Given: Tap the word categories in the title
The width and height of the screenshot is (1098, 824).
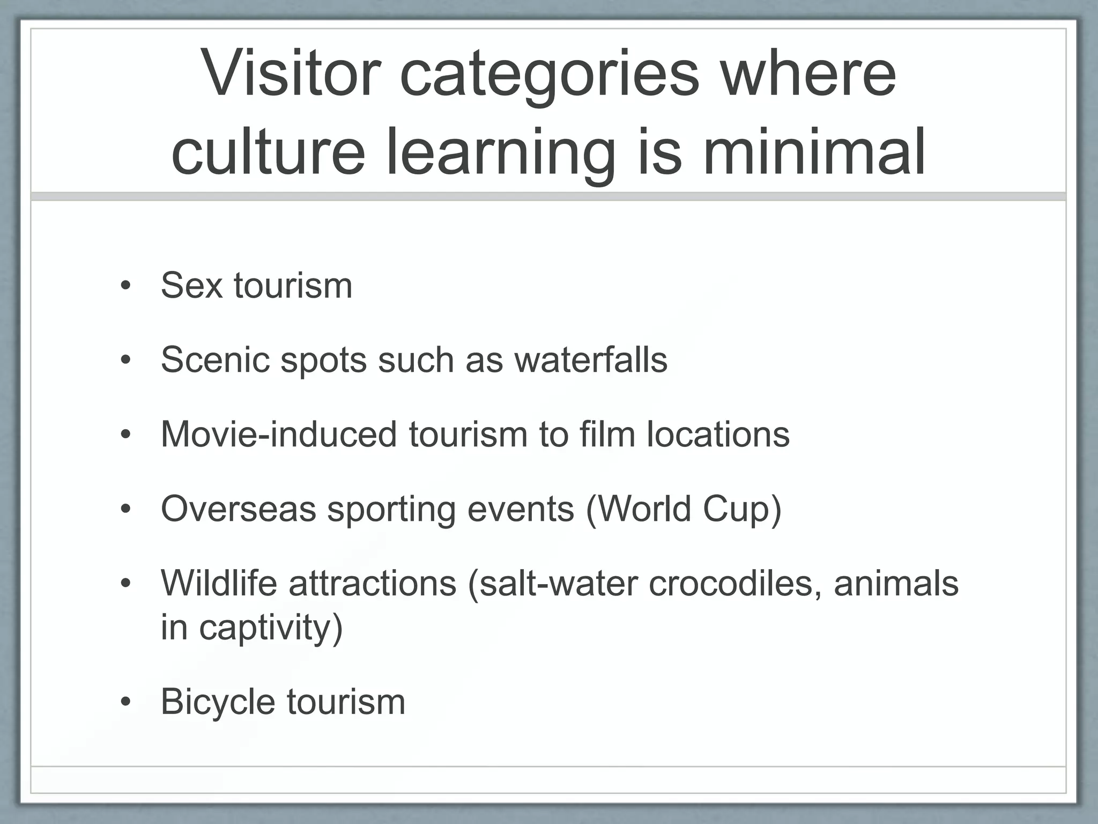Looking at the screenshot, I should point(550,75).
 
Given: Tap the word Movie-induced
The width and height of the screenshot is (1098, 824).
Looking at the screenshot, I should point(279,433).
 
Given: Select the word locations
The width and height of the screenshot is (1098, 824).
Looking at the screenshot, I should point(718,433).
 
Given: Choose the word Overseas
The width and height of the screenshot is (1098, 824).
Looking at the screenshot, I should point(239,508).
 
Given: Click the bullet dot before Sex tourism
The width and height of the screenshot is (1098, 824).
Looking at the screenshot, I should point(125,286).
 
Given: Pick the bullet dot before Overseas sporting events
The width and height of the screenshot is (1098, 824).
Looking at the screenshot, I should point(125,509).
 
